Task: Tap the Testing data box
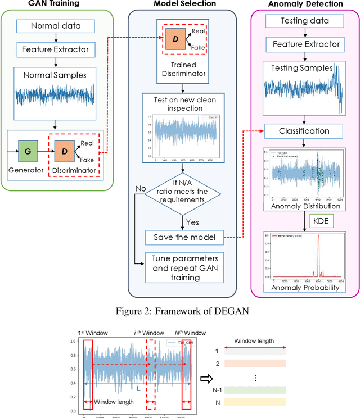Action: tap(304, 21)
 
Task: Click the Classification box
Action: tap(304, 131)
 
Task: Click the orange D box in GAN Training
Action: tap(65, 152)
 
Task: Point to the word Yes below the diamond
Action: tap(193, 222)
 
